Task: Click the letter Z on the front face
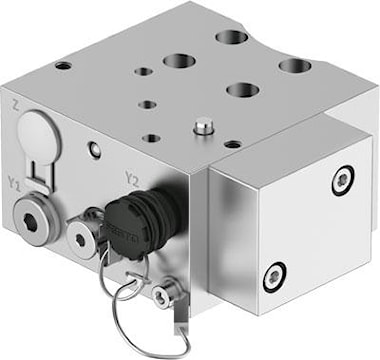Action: coord(14,104)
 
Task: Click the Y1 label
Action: coord(13,183)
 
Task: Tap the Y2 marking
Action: coord(130,179)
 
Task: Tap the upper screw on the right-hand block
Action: coord(342,179)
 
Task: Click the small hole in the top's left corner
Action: coord(63,66)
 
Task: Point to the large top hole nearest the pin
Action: coord(241,90)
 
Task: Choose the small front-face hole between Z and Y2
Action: coord(94,151)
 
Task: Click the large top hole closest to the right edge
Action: coord(294,66)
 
